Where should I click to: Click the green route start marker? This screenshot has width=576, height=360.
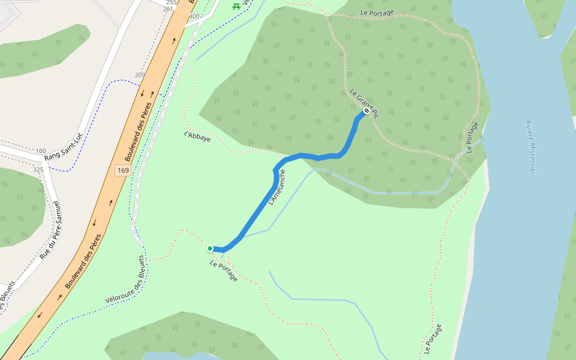point(210,248)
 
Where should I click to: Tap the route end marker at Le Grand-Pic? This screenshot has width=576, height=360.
point(366,111)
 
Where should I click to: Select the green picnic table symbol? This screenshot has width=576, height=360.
point(236,5)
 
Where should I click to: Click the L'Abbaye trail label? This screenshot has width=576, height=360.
point(197,136)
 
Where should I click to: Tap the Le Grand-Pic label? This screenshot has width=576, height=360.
point(364,103)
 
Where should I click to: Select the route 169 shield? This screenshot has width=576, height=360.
point(122,170)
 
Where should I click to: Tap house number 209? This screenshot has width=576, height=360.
point(140,75)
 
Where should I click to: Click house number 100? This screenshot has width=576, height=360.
point(41,151)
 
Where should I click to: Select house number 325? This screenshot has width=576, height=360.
point(38,170)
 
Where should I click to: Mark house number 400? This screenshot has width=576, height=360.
point(194,16)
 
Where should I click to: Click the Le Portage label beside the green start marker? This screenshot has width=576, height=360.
point(223,271)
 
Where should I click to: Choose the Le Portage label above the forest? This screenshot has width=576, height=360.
point(377,13)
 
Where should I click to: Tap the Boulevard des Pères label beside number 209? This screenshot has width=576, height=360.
point(138,131)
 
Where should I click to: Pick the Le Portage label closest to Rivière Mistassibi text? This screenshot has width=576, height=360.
point(472,137)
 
